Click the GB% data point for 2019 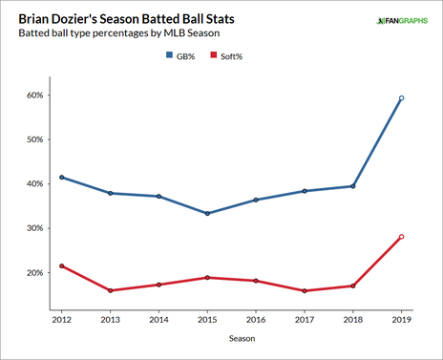[401, 98]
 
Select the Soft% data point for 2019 [401, 237]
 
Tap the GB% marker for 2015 [207, 213]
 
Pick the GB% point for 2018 [352, 186]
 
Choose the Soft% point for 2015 [207, 278]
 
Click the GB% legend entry [182, 56]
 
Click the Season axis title [231, 338]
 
